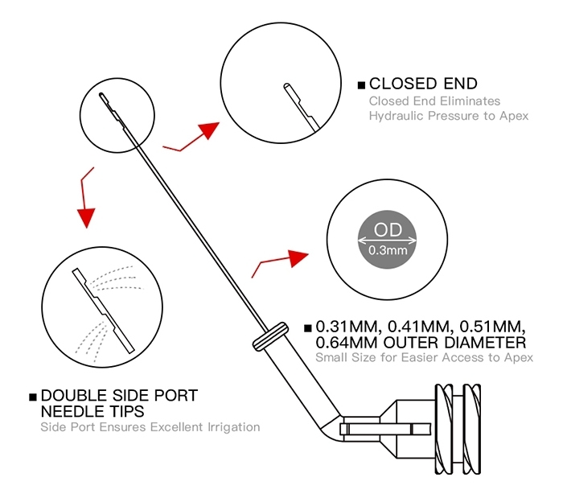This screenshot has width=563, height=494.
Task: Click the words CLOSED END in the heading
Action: click(x=423, y=84)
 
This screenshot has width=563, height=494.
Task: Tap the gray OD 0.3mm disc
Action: click(x=387, y=239)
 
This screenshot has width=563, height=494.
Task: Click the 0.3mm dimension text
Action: click(x=388, y=250)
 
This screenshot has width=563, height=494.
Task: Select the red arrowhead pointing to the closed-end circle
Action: click(x=208, y=130)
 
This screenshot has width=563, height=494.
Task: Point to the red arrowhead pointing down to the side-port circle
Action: click(x=86, y=217)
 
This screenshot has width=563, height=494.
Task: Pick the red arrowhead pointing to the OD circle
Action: click(x=298, y=257)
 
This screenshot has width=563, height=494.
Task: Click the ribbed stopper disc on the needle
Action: click(x=270, y=336)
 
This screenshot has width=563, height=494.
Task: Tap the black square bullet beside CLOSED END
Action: click(x=361, y=85)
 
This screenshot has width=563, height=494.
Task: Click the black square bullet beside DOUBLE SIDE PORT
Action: click(x=33, y=397)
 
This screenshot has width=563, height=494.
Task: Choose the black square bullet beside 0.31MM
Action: click(x=308, y=328)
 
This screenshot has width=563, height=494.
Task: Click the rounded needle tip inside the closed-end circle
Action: click(x=287, y=86)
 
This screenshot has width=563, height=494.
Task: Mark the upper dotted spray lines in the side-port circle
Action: click(x=117, y=278)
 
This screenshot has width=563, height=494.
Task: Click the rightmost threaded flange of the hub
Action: click(x=472, y=430)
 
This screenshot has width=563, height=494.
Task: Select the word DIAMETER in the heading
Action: click(x=485, y=343)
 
